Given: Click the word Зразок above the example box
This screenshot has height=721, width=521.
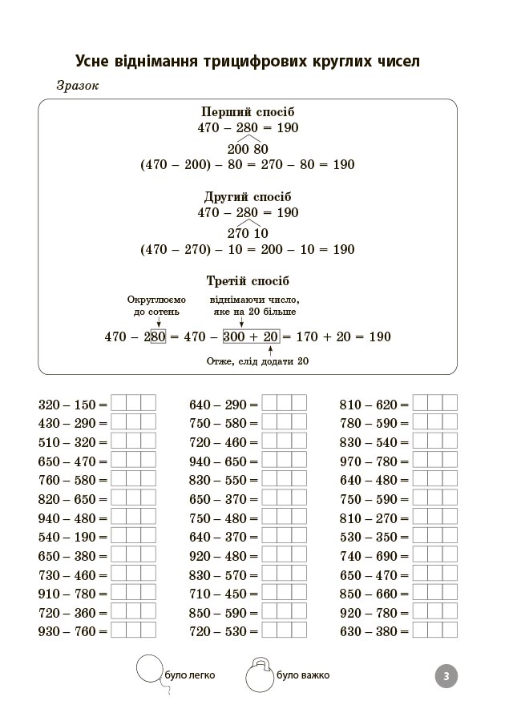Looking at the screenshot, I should [77, 87].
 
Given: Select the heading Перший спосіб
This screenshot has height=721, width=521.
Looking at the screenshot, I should [248, 112].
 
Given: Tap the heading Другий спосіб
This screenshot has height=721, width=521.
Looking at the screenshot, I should [248, 197].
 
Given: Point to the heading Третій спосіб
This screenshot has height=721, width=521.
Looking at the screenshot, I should [248, 281].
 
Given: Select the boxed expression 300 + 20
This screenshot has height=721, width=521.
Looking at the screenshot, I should [251, 336].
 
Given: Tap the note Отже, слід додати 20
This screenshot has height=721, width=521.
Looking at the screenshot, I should [258, 361].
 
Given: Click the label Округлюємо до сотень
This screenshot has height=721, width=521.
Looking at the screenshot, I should [155, 304].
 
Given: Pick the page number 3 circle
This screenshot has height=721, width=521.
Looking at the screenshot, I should [446, 676].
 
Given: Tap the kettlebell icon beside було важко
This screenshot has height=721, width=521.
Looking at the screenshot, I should [259, 675].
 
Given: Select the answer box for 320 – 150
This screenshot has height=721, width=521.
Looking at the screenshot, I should [133, 404].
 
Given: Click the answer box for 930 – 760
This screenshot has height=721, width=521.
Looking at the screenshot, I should [133, 631].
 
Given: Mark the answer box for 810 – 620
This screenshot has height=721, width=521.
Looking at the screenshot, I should [434, 404].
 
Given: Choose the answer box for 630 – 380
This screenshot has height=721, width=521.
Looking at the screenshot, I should [434, 631].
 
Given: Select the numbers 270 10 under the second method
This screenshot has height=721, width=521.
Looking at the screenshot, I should [248, 234].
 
